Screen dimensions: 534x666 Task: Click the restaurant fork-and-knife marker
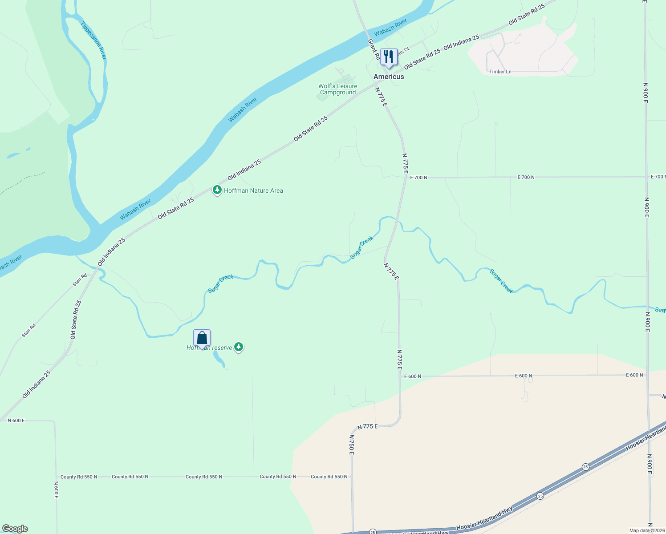(x=389, y=57)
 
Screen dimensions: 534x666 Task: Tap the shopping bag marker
(x=202, y=338)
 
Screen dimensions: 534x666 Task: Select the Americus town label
(x=389, y=77)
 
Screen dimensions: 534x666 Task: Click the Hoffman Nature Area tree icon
(x=217, y=190)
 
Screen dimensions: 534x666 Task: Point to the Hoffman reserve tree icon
(x=239, y=347)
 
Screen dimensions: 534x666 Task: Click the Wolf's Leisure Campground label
(x=338, y=89)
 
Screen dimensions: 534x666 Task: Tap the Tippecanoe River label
(x=94, y=40)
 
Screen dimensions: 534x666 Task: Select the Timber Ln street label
(x=500, y=72)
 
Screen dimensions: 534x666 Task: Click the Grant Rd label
(x=373, y=49)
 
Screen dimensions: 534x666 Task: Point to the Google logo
(x=15, y=529)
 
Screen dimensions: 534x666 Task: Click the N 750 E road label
(x=351, y=445)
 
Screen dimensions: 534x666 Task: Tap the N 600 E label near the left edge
(x=16, y=421)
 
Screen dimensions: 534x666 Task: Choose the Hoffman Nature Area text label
(x=253, y=190)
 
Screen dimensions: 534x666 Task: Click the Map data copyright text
(x=647, y=530)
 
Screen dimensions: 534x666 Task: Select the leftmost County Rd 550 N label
(x=79, y=477)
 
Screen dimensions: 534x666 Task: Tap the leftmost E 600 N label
(x=412, y=376)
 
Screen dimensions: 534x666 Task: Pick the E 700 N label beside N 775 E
(x=418, y=178)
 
